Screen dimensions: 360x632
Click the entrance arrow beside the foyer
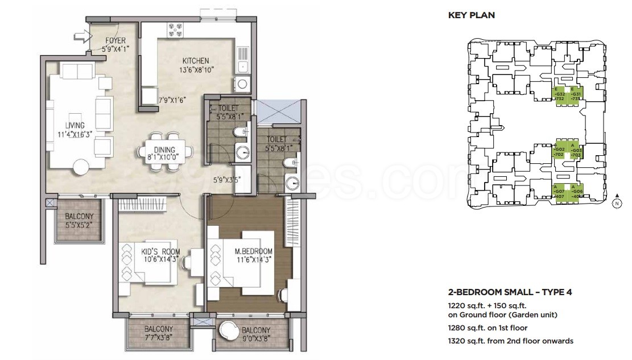82,38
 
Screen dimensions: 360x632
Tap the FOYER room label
115,41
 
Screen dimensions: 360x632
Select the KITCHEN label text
196,61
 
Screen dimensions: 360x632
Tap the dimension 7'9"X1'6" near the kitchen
172,101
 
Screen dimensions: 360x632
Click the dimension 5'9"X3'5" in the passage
228,180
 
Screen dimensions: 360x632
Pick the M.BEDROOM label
254,251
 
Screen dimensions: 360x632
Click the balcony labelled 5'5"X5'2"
79,220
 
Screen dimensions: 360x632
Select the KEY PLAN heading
471,15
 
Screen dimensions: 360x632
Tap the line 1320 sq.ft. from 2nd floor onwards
511,341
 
